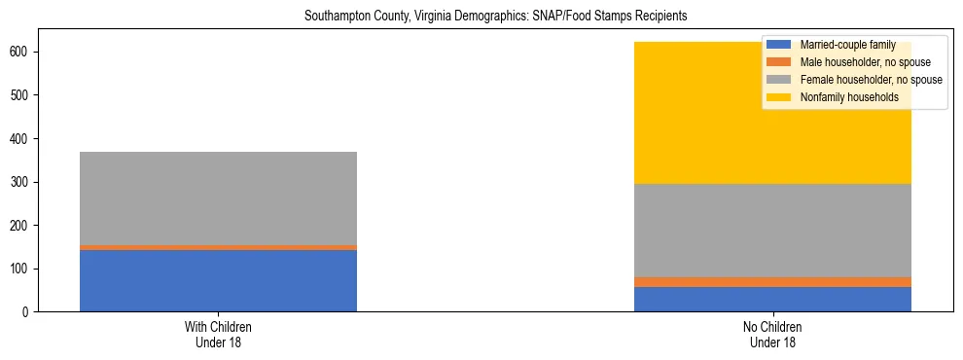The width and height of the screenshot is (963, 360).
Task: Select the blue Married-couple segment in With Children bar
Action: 218,280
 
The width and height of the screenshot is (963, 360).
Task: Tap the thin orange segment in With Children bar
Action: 218,247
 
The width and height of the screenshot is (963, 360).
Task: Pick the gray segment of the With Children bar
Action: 218,198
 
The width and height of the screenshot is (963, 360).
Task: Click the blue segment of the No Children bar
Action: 772,299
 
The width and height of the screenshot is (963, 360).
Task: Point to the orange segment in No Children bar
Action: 772,282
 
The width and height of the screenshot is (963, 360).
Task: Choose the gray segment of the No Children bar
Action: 772,231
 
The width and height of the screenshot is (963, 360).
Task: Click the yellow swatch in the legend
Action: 780,97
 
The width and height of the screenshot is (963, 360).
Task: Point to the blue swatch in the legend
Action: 780,45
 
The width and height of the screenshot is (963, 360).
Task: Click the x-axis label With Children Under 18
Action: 218,334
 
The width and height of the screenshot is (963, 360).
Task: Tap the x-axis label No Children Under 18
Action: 772,334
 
